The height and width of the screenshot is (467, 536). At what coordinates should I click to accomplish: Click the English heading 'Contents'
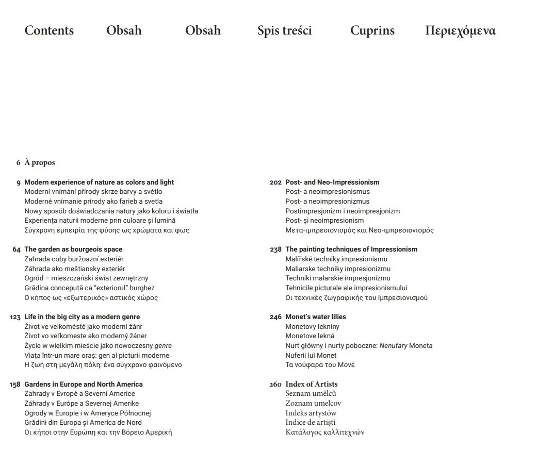pos(49,30)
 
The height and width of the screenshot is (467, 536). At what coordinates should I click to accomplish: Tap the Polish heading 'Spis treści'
pos(284,30)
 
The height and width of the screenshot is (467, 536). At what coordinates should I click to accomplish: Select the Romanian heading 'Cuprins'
pos(372,30)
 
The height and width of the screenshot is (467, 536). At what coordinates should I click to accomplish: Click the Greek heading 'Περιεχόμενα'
pos(460,30)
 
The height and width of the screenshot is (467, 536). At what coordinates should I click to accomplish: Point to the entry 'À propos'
pos(40,163)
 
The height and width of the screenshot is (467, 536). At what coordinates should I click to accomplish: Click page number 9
pos(19,182)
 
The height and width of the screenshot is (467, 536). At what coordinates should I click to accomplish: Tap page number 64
pos(17,249)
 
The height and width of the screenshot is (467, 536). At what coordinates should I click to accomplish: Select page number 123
pos(15,317)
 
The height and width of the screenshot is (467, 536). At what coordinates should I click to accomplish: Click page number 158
pos(15,385)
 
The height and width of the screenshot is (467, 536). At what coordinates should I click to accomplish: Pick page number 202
pos(275,182)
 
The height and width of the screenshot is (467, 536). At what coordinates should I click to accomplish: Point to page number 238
pos(275,249)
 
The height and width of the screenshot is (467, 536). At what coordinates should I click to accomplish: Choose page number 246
pos(275,317)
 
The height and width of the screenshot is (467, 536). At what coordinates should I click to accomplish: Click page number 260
pos(275,385)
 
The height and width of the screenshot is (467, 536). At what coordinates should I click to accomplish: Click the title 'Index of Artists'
pos(311,384)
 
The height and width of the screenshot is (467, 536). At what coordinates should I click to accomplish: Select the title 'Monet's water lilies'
pos(315,317)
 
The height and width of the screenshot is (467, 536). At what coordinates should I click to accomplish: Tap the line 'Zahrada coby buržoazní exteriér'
pos(74,259)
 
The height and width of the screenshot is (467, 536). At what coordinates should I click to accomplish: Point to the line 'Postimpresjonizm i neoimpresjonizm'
pos(343,211)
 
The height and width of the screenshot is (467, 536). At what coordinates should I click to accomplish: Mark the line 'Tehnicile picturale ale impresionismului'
pos(346,288)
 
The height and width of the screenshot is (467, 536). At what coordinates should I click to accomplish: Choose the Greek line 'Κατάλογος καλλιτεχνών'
pos(324,432)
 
